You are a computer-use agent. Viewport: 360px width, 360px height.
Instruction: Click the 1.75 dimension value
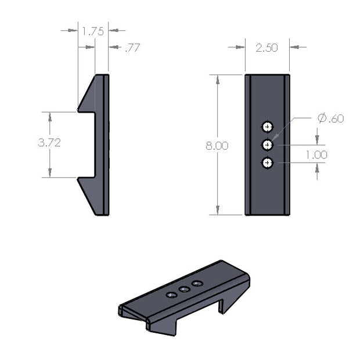pyautogui.click(x=93, y=31)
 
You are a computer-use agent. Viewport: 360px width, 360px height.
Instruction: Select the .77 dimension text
pyautogui.click(x=132, y=48)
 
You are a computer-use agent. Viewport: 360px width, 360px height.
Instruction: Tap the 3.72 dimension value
pyautogui.click(x=49, y=143)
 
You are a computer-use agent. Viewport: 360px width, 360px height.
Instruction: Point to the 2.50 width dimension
pyautogui.click(x=267, y=48)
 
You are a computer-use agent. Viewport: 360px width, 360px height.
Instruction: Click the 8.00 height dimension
pyautogui.click(x=217, y=146)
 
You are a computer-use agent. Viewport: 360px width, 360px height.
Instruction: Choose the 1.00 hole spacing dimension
pyautogui.click(x=317, y=155)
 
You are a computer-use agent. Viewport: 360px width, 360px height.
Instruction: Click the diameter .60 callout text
pyautogui.click(x=331, y=118)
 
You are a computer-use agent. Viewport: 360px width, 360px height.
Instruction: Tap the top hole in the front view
pyautogui.click(x=267, y=127)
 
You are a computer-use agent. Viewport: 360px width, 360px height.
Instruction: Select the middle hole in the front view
pyautogui.click(x=267, y=145)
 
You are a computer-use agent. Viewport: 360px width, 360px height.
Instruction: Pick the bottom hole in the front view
pyautogui.click(x=267, y=163)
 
